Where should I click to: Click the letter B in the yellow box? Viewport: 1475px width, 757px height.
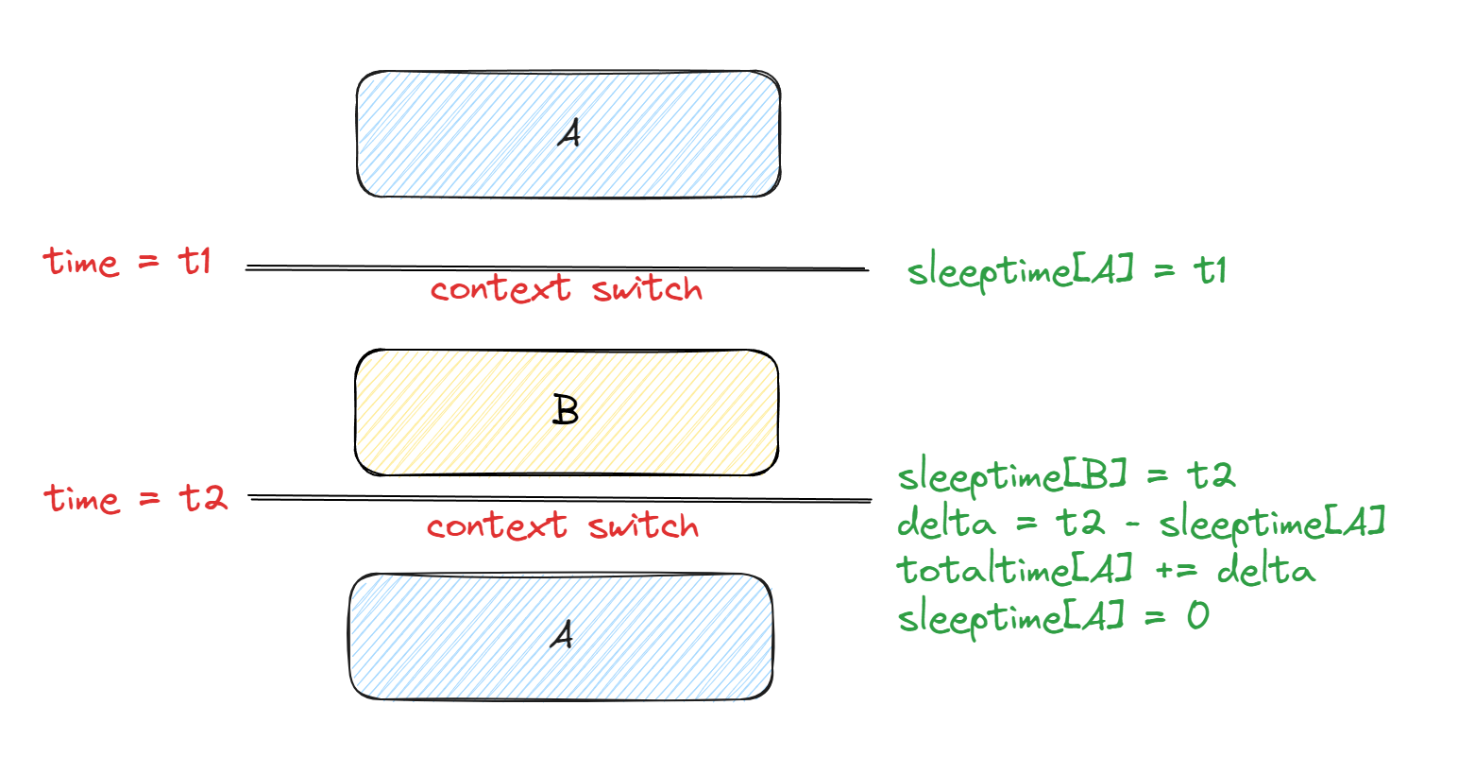[565, 411]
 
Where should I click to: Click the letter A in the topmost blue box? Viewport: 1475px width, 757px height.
[568, 134]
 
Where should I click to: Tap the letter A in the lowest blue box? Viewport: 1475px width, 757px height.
[562, 634]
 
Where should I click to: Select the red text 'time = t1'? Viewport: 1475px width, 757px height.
[127, 261]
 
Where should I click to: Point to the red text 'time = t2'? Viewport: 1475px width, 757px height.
[136, 498]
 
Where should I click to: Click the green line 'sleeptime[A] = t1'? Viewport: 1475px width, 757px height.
[1066, 272]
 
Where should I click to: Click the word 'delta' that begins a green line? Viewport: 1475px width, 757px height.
[945, 522]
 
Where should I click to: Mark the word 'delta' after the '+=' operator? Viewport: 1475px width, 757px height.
[1265, 570]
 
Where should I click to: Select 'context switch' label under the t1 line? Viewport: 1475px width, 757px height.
[567, 289]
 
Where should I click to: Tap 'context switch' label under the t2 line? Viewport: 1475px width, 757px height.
[563, 526]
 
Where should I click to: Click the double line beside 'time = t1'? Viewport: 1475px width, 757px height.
[556, 269]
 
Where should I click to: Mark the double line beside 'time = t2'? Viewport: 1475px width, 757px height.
[559, 498]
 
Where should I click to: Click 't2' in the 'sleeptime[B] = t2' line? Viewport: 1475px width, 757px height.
[1212, 474]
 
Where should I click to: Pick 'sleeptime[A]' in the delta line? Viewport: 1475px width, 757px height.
[1272, 523]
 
